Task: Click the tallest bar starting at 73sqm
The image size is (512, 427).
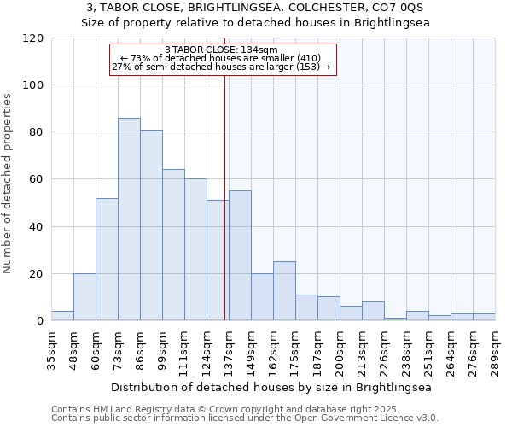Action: click(x=129, y=219)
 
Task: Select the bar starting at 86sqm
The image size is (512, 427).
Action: click(x=151, y=225)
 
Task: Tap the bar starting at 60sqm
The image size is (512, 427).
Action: click(x=107, y=260)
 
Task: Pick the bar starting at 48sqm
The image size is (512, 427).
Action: click(x=84, y=297)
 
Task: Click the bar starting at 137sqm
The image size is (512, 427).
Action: click(x=240, y=256)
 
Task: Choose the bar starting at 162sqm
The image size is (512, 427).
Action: click(x=284, y=291)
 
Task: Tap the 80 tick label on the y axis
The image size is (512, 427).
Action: click(x=36, y=132)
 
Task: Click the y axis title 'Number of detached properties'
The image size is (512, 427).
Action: click(x=8, y=184)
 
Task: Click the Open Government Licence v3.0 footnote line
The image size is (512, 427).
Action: click(x=244, y=418)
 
